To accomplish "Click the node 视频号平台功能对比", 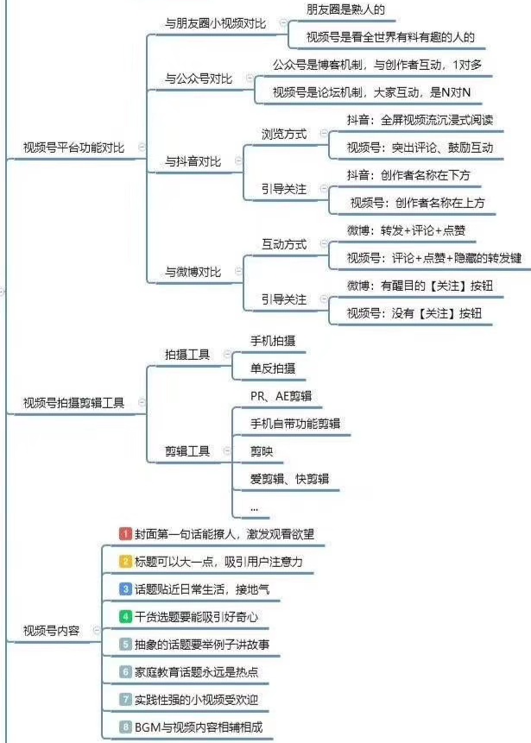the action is pos(74,148).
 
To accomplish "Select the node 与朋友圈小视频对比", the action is pos(216,23).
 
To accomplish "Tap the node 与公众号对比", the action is pos(199,79).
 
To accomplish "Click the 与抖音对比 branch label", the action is pos(193,161).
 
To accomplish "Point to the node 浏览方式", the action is pos(284,134).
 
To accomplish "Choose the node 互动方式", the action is pos(284,244).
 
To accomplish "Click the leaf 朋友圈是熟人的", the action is pos(345,9).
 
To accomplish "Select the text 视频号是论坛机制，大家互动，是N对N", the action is pos(371,92).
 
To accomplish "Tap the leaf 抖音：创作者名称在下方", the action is pos(408,175).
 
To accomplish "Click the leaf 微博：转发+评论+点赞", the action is pos(407,230).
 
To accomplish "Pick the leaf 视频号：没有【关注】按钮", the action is pos(414,313).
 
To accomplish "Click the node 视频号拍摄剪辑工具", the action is pos(74,403).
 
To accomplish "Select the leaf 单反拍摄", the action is pos(273,368).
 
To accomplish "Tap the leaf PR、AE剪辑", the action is pos(281,396).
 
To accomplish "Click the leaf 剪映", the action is pos(262,451).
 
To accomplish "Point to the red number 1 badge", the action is pos(125,534).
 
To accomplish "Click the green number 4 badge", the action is pos(125,616).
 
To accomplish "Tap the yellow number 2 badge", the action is pos(125,562).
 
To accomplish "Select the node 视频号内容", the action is pos(51,631).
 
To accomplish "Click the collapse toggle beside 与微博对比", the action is pos(238,271).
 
